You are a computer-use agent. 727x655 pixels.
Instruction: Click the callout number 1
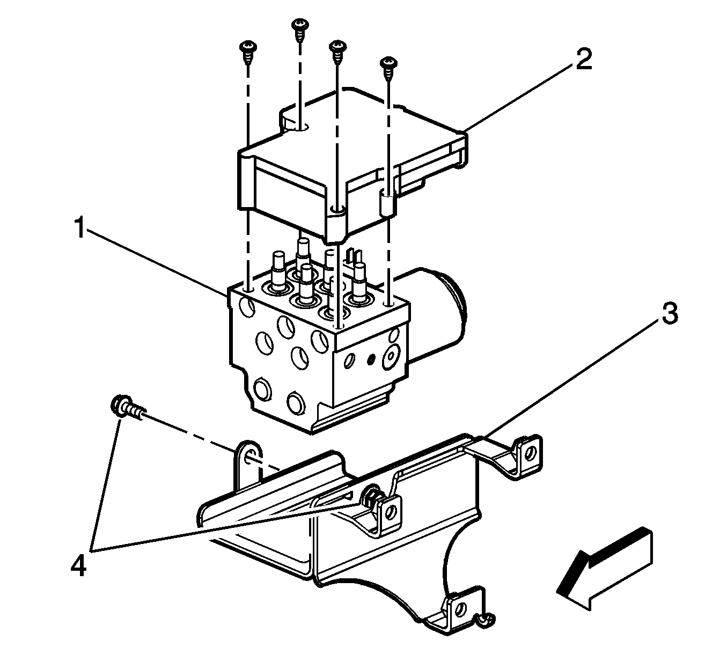(x=79, y=230)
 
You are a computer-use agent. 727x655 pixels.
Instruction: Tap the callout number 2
(x=583, y=61)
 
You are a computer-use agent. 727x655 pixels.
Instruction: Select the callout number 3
(x=669, y=313)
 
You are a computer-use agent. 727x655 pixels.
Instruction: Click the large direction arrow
(x=604, y=569)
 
